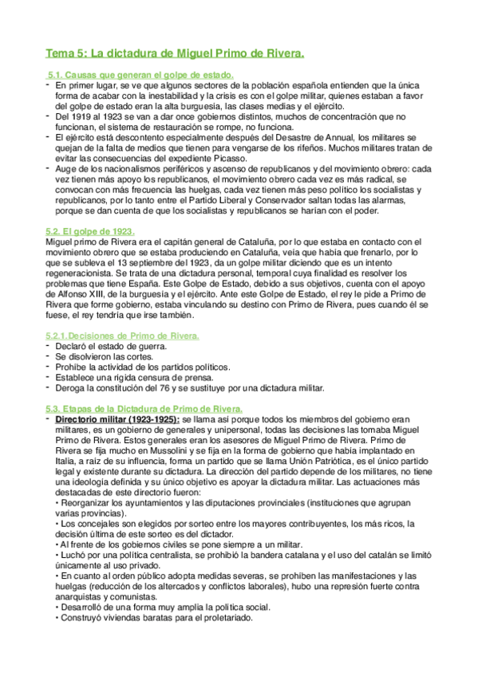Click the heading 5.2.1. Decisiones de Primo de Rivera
click(123, 336)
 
